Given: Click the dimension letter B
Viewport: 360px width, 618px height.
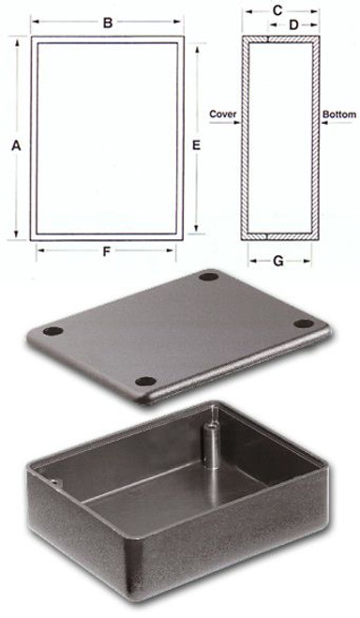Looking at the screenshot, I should click(x=108, y=23).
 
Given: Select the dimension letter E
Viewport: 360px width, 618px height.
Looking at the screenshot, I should click(x=196, y=144).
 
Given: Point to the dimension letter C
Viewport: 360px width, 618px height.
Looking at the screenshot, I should click(x=277, y=9).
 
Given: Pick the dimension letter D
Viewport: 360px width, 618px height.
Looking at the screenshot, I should click(x=293, y=24).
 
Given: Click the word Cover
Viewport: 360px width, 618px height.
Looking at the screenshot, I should click(x=222, y=114).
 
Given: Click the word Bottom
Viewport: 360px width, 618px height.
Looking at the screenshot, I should click(x=339, y=114).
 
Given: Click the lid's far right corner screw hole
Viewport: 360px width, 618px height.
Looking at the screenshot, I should click(x=303, y=324).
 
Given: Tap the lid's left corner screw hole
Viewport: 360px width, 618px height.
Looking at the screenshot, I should click(x=53, y=332).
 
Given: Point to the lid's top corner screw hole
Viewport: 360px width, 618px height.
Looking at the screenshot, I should click(x=208, y=278).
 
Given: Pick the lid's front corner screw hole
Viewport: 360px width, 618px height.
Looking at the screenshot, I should click(x=144, y=381).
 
